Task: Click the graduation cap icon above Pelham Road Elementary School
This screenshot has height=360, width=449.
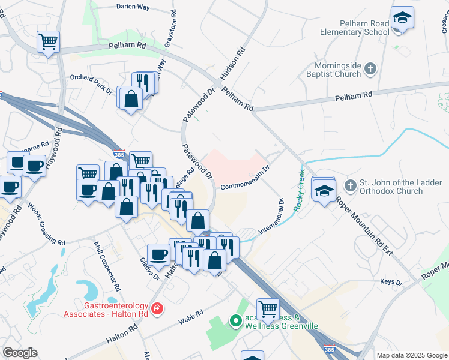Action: pos(402,17)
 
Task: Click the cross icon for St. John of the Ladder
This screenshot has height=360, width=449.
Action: pos(351,186)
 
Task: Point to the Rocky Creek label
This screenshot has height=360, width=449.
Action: pos(298,190)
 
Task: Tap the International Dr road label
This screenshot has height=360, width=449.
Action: pos(271,215)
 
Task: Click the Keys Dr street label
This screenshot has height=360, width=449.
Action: pos(391,281)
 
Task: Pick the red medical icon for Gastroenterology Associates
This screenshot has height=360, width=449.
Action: pos(157,309)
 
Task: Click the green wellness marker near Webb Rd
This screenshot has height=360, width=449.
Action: pos(235,321)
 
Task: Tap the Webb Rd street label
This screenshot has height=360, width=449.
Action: pos(191,317)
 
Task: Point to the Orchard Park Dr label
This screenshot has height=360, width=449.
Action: pos(91,84)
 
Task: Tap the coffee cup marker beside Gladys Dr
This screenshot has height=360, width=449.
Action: pos(159,254)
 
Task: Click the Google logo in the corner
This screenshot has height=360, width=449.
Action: pos(20,353)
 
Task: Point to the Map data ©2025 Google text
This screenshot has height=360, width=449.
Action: pos(412,355)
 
